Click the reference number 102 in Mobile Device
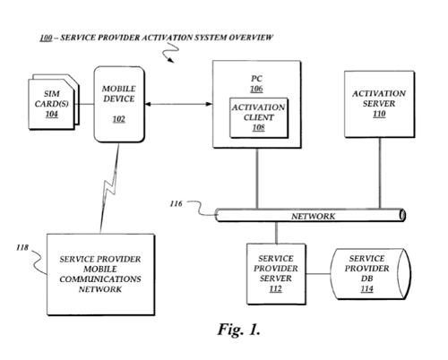point(118,119)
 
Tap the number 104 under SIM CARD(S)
point(52,114)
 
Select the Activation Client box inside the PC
point(259,117)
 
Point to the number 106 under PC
point(256,89)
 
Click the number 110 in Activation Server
point(379,114)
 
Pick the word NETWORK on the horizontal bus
point(313,216)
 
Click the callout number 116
point(176,203)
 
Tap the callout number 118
point(22,247)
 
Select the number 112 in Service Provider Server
point(275,288)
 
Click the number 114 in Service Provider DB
point(366,288)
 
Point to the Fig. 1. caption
point(238,330)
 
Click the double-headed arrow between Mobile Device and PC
point(178,104)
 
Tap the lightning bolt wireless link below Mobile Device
point(109,188)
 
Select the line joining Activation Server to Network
point(380,173)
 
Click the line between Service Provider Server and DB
point(318,274)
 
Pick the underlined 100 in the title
point(46,38)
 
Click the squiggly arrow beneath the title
point(170,53)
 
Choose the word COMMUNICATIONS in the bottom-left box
point(100,279)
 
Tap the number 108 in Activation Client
point(259,128)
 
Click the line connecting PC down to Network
point(257,178)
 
